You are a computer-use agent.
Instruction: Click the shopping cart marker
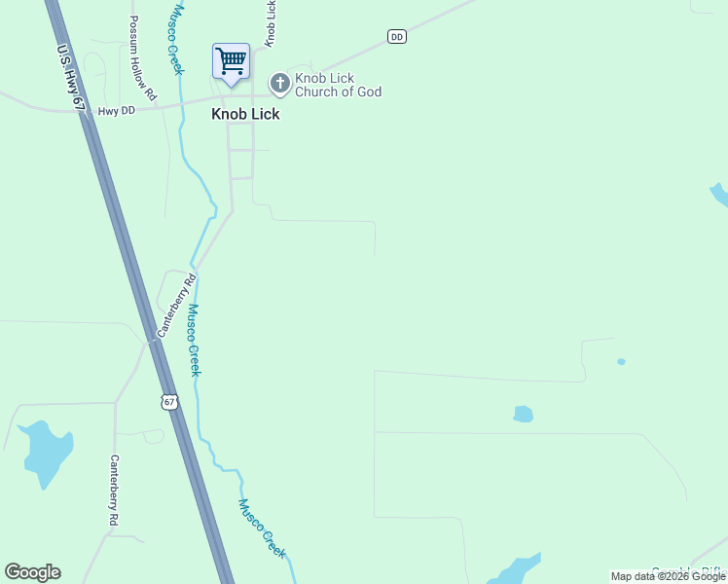tap(231, 61)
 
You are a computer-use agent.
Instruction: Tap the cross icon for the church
tap(279, 85)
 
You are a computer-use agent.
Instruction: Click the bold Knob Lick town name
tap(245, 114)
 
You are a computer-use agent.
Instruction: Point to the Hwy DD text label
tap(116, 112)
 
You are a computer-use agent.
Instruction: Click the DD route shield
tap(396, 36)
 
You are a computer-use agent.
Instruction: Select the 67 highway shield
tap(170, 401)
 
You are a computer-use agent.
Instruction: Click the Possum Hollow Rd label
tap(142, 58)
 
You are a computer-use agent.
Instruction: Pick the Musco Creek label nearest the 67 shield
tap(194, 341)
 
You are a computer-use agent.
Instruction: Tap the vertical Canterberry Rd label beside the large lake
tap(114, 492)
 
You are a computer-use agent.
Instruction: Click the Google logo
tap(32, 572)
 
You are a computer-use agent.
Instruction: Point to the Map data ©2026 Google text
tap(667, 576)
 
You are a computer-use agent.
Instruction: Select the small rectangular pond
tap(524, 414)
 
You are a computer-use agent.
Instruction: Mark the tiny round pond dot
tap(621, 361)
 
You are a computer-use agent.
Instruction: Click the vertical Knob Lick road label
tap(271, 21)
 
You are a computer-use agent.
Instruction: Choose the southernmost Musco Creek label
tap(262, 529)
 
